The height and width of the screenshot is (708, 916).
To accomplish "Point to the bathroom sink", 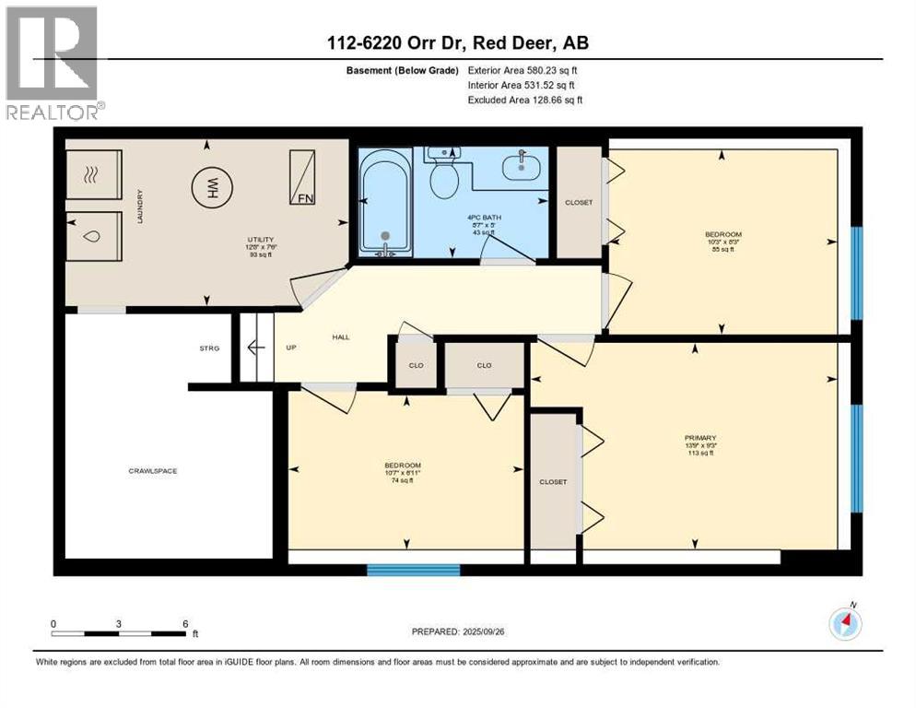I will [x=522, y=167].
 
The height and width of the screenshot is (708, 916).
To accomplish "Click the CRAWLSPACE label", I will [x=152, y=471].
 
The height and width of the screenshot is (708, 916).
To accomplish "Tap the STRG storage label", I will [x=209, y=348].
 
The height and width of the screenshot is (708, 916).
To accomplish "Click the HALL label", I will [x=341, y=337].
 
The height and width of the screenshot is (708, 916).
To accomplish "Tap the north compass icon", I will [x=845, y=624].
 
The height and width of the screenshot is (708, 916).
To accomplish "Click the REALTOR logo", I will [x=52, y=65].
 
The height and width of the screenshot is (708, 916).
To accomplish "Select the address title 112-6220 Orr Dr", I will [x=457, y=41].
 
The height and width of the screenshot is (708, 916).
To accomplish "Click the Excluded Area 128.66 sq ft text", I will [x=524, y=100].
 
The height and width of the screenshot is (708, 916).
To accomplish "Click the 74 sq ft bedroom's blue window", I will [x=413, y=570].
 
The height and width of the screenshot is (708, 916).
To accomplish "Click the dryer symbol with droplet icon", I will [x=92, y=237].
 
